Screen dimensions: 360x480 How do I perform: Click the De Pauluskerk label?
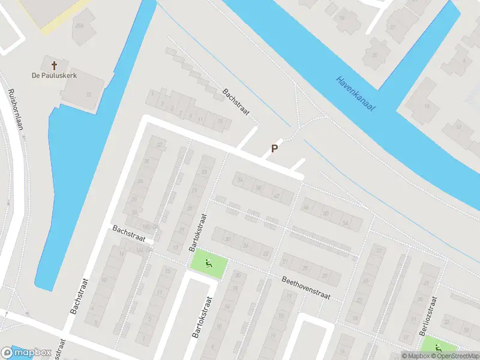(x=55, y=76)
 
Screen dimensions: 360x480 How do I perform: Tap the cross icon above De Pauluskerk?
(x=55, y=64)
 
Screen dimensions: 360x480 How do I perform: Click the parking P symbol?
(x=274, y=149)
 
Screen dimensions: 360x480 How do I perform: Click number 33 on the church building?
(x=89, y=94)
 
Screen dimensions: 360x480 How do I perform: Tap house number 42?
(x=276, y=196)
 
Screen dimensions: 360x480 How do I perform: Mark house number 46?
(x=306, y=208)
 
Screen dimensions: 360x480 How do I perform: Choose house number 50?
(x=325, y=214)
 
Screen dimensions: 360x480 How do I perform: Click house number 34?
(x=241, y=181)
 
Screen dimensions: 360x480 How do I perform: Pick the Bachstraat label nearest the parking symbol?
(x=235, y=101)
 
